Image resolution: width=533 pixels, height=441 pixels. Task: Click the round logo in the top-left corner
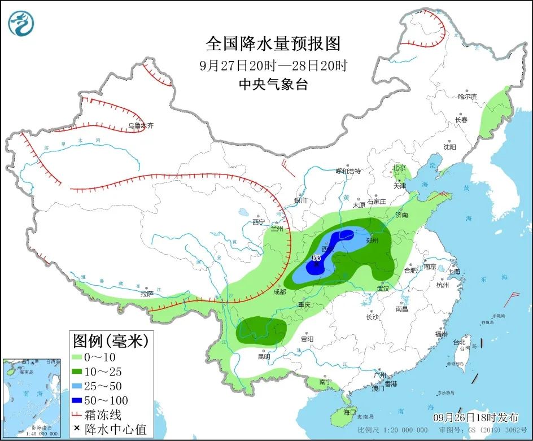[21, 23]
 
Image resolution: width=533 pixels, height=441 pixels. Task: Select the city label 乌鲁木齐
[140, 126]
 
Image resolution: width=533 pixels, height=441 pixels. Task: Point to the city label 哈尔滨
[467, 97]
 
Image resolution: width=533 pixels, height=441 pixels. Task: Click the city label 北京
[400, 168]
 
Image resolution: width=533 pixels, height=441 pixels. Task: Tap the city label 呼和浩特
[348, 171]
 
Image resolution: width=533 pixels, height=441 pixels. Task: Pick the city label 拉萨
[147, 294]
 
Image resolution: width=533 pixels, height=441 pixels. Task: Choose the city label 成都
[279, 292]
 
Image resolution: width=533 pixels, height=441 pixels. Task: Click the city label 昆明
[264, 356]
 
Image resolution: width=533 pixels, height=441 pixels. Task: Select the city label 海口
[349, 412]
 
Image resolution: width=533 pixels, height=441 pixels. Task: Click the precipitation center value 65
[316, 257]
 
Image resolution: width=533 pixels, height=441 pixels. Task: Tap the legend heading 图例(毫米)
[110, 340]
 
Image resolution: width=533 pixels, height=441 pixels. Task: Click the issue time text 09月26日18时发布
[475, 418]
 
